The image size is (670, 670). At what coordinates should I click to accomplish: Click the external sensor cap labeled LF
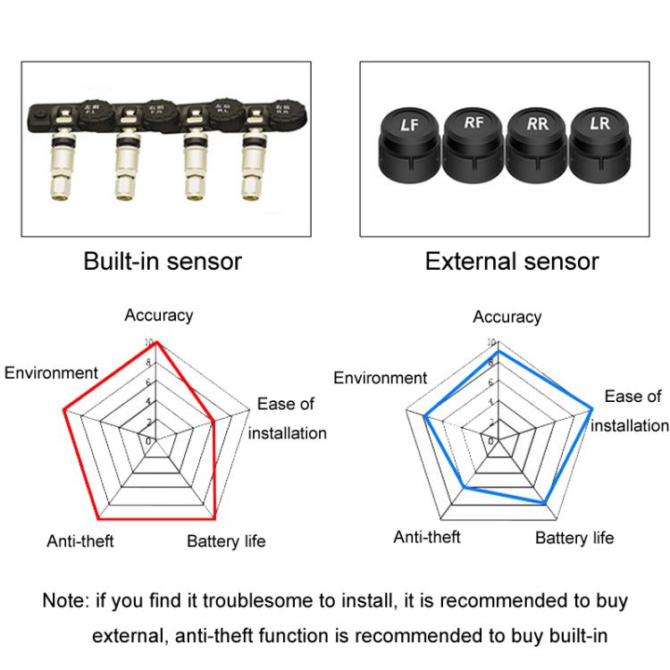pos(410,138)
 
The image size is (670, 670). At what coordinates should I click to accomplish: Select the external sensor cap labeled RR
pos(536,136)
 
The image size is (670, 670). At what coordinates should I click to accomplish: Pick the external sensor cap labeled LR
pos(598,136)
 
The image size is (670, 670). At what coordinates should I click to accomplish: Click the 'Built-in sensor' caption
pos(163,262)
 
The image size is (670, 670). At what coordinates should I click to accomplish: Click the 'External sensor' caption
pos(512,262)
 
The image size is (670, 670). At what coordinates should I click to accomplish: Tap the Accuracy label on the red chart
pos(158,314)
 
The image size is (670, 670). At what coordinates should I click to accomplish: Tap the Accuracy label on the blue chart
pos(507,316)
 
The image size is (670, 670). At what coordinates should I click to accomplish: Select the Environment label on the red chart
pos(51,373)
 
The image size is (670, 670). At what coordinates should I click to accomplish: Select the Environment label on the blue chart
pos(381,378)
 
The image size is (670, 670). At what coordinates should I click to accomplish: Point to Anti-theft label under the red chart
pos(80,541)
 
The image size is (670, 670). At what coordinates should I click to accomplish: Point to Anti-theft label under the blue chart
pos(427,537)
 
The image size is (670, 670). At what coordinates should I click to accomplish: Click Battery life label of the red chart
pos(226,541)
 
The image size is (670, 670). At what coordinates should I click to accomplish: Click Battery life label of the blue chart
pos(574,537)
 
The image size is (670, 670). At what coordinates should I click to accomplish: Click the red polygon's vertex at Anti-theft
pos(98,519)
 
